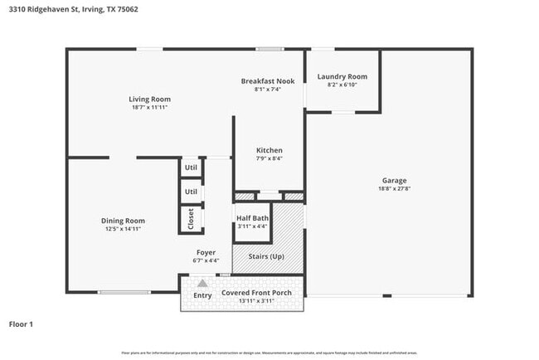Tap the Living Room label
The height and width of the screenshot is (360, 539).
point(149,99)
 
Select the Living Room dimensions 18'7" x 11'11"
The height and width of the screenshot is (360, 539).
point(149,108)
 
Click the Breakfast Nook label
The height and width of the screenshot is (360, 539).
point(268,80)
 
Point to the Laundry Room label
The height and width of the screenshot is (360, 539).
point(342,76)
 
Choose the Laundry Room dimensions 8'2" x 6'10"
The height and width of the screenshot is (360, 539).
point(342,85)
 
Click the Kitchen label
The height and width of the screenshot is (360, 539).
point(269,150)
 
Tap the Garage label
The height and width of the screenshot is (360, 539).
point(394,180)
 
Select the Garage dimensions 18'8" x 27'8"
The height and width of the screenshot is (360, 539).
point(394,189)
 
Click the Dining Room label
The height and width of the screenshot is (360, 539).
point(123,221)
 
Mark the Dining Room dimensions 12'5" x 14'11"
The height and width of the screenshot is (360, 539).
point(123,230)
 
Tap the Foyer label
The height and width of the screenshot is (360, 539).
point(206,252)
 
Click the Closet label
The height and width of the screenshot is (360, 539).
point(192,218)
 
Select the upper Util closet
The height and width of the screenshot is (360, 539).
point(192,167)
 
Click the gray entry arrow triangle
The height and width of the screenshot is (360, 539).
point(202,283)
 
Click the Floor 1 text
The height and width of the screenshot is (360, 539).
point(21,324)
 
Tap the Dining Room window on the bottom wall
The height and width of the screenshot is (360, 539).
point(124,292)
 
